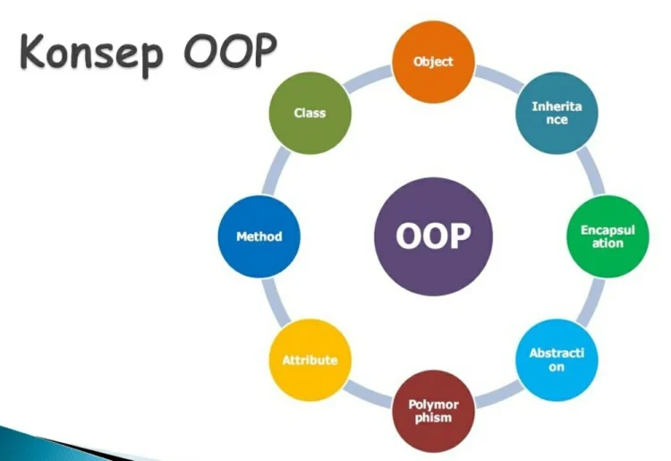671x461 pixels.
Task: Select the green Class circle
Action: tap(310, 114)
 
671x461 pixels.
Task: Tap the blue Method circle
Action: tap(259, 236)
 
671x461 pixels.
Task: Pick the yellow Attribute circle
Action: tap(310, 360)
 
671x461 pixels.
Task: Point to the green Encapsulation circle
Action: tap(607, 236)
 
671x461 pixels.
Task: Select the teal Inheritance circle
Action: tap(556, 114)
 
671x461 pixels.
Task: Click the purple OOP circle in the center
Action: tap(433, 236)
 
